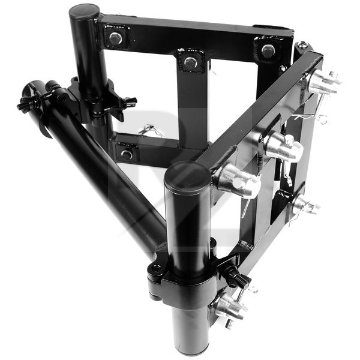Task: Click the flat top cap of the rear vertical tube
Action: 84,11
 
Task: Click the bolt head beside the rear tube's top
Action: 115,38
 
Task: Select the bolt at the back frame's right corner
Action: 268,50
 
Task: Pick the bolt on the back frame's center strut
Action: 191,61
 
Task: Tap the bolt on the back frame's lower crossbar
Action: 127,154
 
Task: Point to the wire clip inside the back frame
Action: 146,129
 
